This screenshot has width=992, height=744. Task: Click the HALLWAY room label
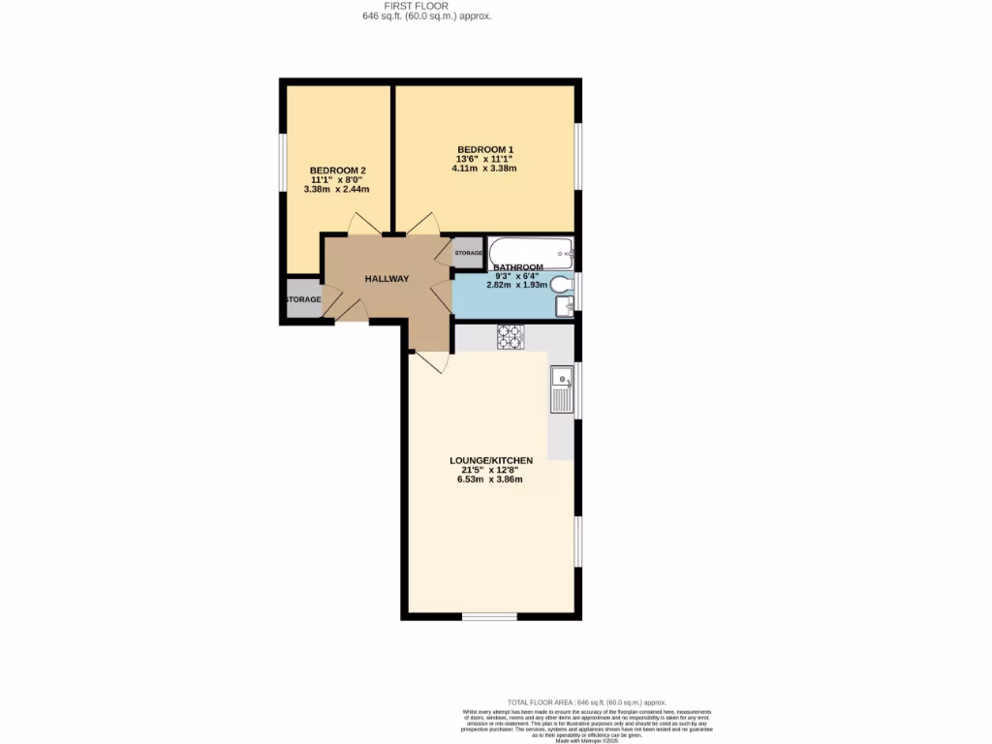pos(387,279)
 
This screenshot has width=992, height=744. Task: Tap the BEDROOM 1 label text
pos(484,148)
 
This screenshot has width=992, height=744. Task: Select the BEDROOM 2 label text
pos(336,170)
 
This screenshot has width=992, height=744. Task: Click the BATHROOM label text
pos(518,266)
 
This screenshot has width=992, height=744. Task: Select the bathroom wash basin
pos(565,306)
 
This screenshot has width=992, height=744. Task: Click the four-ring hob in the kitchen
pos(511,336)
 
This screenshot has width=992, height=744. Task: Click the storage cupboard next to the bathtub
pos(468,253)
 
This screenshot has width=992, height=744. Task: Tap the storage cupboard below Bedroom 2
pos(302,299)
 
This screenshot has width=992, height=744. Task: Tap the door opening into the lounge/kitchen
pos(429,361)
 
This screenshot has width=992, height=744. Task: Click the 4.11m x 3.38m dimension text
pos(484,168)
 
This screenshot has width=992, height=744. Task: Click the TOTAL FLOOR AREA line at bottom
pos(587,702)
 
